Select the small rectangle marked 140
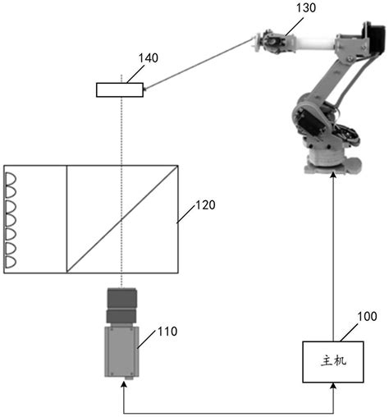120,89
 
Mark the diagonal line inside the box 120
122,219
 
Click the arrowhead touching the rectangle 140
149,87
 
